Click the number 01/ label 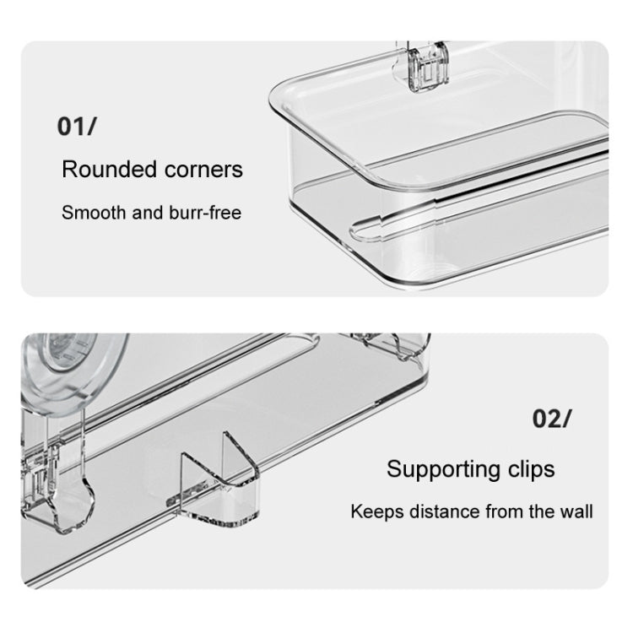[77, 127]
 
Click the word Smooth [94, 213]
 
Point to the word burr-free [205, 213]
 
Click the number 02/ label [552, 419]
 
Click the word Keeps [377, 512]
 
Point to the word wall [576, 512]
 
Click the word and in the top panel [148, 213]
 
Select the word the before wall [542, 512]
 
